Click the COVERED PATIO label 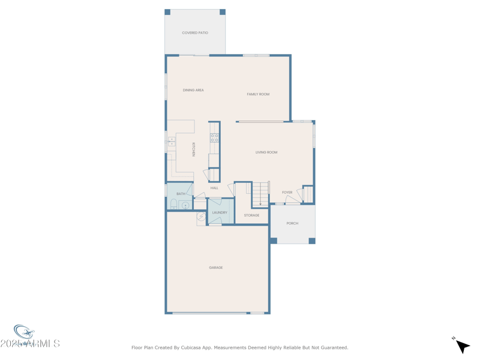click(x=195, y=33)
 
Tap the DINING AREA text click(x=193, y=90)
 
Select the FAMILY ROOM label click(x=258, y=94)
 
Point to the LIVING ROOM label click(x=266, y=152)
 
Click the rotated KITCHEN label click(x=194, y=149)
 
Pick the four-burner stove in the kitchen click(x=214, y=138)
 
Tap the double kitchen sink click(x=172, y=142)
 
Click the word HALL click(x=214, y=188)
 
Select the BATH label click(x=181, y=194)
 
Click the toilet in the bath click(x=173, y=204)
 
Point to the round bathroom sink click(x=185, y=206)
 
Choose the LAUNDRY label click(x=220, y=212)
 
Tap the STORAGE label click(x=251, y=215)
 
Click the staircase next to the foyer click(x=260, y=194)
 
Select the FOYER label click(x=287, y=193)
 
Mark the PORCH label click(x=292, y=223)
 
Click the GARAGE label click(x=216, y=268)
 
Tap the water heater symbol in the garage click(x=201, y=217)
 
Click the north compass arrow click(x=462, y=346)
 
